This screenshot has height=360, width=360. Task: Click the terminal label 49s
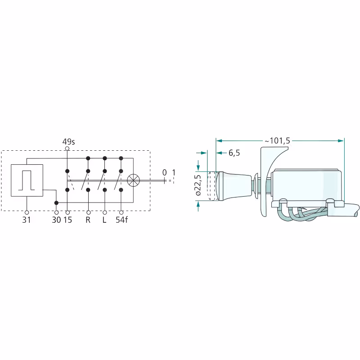pos(68,142)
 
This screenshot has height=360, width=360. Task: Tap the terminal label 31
pos(27,220)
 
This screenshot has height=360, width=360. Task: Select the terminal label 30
pos(56,220)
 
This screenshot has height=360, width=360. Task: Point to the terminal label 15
pos(68,220)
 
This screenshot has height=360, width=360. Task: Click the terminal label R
pos(88,220)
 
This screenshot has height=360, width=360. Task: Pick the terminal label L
pos(104,220)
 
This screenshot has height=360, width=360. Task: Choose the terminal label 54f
pos(121,220)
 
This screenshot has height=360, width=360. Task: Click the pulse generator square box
pos(27,180)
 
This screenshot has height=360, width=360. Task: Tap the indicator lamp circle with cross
pos(133,180)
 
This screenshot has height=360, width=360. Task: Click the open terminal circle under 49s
pos(67,148)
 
